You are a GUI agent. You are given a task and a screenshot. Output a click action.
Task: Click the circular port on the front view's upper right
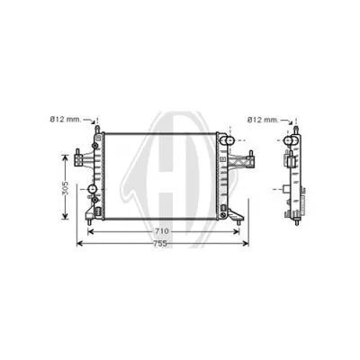click(228, 141)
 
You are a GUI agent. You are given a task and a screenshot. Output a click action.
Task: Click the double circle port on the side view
click(291, 141)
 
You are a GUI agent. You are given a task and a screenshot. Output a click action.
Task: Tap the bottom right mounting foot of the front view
click(237, 217)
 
